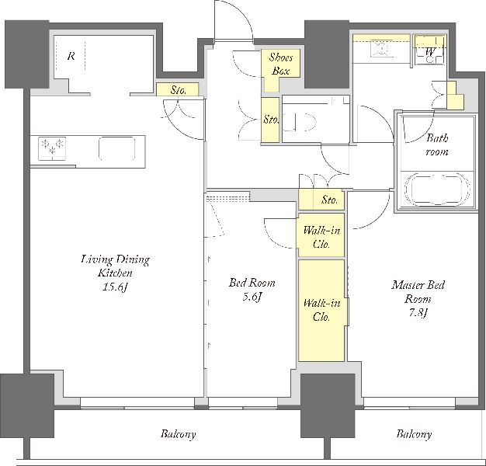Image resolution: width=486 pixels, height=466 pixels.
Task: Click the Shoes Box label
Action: [x=280, y=64]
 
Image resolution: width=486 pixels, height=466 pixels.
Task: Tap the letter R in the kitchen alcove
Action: [x=71, y=57]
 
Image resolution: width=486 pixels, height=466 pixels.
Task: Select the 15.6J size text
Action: [x=116, y=287]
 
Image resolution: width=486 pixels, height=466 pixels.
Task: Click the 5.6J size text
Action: [x=252, y=297]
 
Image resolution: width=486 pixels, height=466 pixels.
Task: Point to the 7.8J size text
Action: [x=418, y=313]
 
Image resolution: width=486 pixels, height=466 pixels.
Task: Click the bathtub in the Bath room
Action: [x=437, y=190]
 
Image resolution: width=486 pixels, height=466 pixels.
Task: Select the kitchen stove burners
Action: [x=52, y=148]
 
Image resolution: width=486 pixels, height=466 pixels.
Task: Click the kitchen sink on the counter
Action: [x=117, y=148]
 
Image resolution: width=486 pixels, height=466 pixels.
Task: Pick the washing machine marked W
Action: [x=429, y=50]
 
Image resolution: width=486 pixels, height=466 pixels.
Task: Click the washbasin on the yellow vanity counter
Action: [x=380, y=49]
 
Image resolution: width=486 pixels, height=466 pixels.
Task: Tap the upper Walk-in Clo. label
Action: [x=321, y=237]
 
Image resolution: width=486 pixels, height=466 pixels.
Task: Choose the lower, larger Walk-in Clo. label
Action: [x=321, y=310]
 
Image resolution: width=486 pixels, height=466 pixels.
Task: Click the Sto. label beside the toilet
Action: [x=271, y=120]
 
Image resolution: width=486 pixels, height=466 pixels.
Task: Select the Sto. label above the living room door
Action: [x=179, y=91]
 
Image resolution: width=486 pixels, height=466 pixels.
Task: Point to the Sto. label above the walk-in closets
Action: [x=329, y=200]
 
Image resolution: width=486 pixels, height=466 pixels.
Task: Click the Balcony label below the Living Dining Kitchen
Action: [x=179, y=434]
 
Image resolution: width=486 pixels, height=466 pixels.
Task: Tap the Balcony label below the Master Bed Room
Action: [x=414, y=434]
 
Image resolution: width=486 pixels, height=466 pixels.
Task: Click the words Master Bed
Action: [x=418, y=285]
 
